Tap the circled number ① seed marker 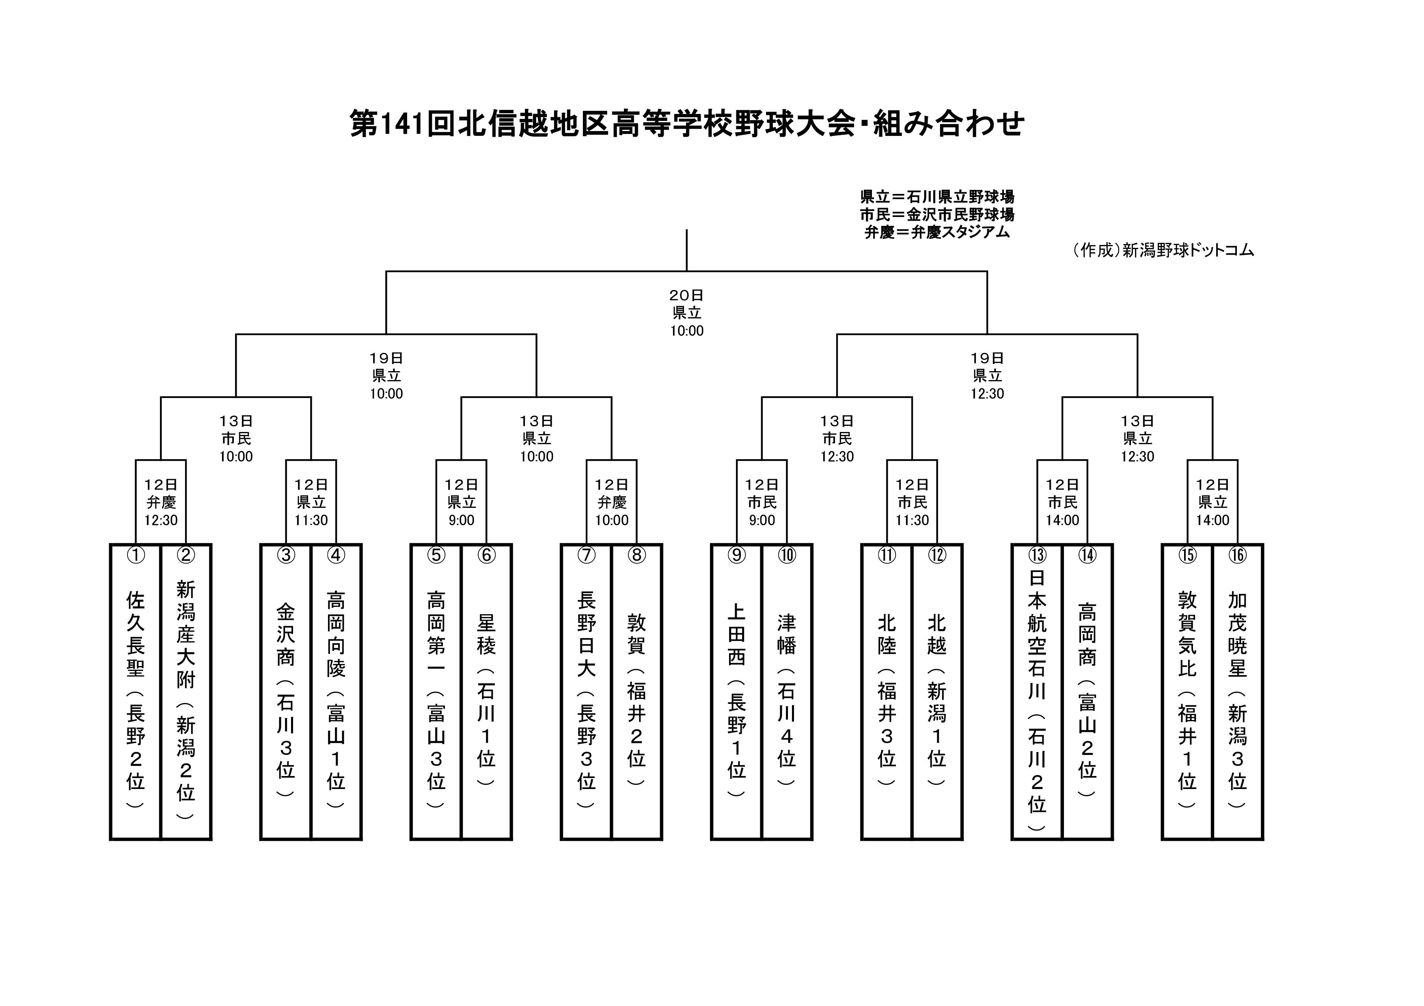[136, 555]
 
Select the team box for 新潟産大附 [186, 692]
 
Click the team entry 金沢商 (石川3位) [286, 692]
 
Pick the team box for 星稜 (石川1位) [487, 692]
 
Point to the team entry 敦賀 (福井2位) [637, 692]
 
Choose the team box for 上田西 [737, 692]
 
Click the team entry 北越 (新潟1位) [937, 692]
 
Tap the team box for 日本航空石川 [1037, 692]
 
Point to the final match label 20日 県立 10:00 [686, 313]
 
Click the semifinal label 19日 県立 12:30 [987, 376]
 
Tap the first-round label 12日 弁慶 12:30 [161, 502]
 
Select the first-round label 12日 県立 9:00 [462, 502]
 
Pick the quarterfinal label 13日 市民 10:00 [236, 439]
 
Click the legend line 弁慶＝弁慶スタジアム [937, 232]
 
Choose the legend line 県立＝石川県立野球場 [937, 197]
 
